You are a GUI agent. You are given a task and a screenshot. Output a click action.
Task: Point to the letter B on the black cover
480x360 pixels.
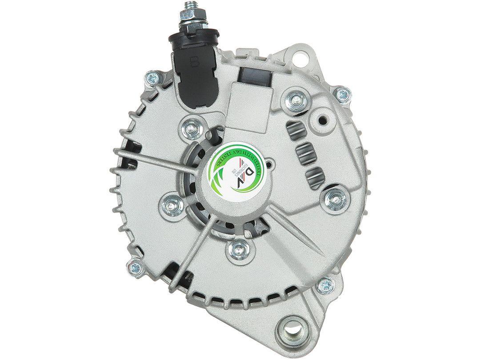pos(195,62)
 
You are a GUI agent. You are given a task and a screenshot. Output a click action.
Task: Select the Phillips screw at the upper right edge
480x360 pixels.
pos(342,93)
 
